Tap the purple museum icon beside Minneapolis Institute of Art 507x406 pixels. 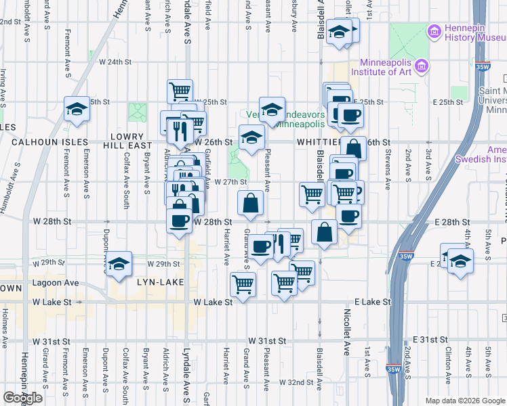pyautogui.click(x=422, y=66)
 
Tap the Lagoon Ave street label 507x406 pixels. pyautogui.click(x=62, y=283)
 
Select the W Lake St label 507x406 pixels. pyautogui.click(x=213, y=302)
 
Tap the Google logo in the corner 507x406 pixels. pyautogui.click(x=22, y=398)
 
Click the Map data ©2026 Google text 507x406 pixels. pyautogui.click(x=465, y=401)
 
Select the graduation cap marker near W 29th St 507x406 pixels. pyautogui.click(x=119, y=264)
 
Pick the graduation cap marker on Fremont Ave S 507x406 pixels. pyautogui.click(x=77, y=108)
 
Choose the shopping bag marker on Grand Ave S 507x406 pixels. pyautogui.click(x=250, y=202)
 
